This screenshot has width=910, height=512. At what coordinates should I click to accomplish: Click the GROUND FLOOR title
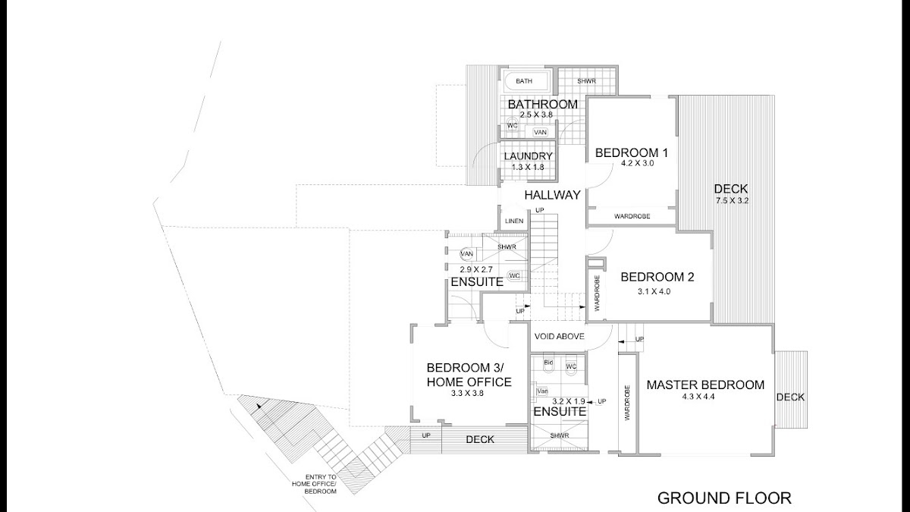pyautogui.click(x=723, y=498)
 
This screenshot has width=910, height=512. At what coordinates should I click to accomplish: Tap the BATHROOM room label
pyautogui.click(x=542, y=104)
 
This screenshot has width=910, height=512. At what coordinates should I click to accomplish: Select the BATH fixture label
pyautogui.click(x=524, y=81)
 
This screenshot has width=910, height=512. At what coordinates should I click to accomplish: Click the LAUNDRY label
pyautogui.click(x=529, y=156)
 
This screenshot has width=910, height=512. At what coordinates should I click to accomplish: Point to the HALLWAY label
pyautogui.click(x=552, y=195)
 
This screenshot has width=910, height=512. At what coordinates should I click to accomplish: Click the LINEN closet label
pyautogui.click(x=514, y=221)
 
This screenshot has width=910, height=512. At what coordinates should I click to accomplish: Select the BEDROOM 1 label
pyautogui.click(x=630, y=152)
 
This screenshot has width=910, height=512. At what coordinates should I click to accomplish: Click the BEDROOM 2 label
pyautogui.click(x=657, y=277)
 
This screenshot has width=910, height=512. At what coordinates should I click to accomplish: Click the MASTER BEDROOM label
pyautogui.click(x=705, y=385)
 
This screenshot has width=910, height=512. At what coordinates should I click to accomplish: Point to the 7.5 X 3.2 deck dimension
pyautogui.click(x=731, y=201)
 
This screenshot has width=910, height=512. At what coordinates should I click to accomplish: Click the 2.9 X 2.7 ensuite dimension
pyautogui.click(x=476, y=269)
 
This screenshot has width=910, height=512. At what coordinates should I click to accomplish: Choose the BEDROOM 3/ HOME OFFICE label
pyautogui.click(x=469, y=375)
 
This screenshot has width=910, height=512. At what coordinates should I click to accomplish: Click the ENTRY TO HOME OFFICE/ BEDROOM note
pyautogui.click(x=315, y=484)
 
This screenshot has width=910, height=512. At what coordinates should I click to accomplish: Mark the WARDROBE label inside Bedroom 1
pyautogui.click(x=632, y=217)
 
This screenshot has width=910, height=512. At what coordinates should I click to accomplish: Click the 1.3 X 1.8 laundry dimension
pyautogui.click(x=529, y=167)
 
